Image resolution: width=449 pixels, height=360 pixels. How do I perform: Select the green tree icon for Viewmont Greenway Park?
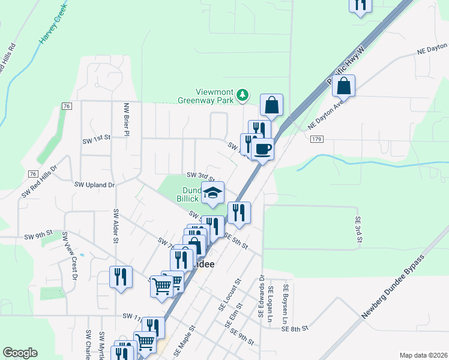[242, 94]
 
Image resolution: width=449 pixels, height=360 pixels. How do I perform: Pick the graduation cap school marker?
[212, 193]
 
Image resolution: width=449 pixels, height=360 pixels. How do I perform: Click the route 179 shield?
[318, 139]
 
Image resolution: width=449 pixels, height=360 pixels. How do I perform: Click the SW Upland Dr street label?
[94, 185]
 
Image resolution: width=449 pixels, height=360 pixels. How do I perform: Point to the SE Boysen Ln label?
[286, 304]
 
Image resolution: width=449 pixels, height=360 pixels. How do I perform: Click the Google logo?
[20, 353]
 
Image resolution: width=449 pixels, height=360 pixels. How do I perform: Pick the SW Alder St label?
[115, 226]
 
